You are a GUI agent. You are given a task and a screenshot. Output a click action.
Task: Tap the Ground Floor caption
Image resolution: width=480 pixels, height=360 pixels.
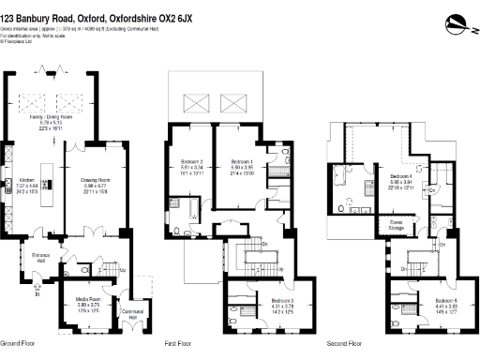17,344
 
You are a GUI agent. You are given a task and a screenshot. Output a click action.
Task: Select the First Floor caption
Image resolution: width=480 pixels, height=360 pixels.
178,344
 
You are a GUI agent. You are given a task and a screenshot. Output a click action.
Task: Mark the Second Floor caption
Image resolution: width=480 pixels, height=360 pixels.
345,344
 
